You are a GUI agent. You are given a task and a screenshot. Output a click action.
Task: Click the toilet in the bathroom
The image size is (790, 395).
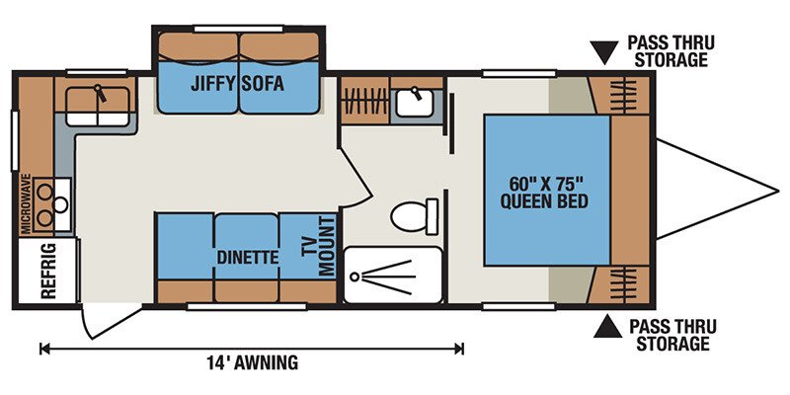(414, 216)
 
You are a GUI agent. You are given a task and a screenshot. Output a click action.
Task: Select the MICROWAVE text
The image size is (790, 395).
(27, 203)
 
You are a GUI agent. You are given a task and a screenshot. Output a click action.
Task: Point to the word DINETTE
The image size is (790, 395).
(248, 258)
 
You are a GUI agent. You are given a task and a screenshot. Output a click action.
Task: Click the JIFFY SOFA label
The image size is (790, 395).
(237, 83)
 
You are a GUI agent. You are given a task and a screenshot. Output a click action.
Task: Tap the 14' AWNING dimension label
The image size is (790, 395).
(252, 361)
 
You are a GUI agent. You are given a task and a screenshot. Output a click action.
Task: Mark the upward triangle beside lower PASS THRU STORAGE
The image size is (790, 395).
(607, 327)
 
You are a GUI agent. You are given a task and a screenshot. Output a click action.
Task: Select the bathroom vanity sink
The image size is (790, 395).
(414, 104)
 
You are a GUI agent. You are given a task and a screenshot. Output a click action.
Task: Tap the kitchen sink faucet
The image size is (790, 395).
(100, 93)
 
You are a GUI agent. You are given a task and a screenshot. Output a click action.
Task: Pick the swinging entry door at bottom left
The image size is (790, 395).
(108, 322)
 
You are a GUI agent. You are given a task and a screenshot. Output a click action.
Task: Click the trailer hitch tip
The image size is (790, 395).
(778, 191)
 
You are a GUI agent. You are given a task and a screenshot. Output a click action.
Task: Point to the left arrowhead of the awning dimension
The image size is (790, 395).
(43, 349)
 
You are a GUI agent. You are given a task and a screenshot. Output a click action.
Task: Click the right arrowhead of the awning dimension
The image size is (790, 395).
(459, 349)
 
